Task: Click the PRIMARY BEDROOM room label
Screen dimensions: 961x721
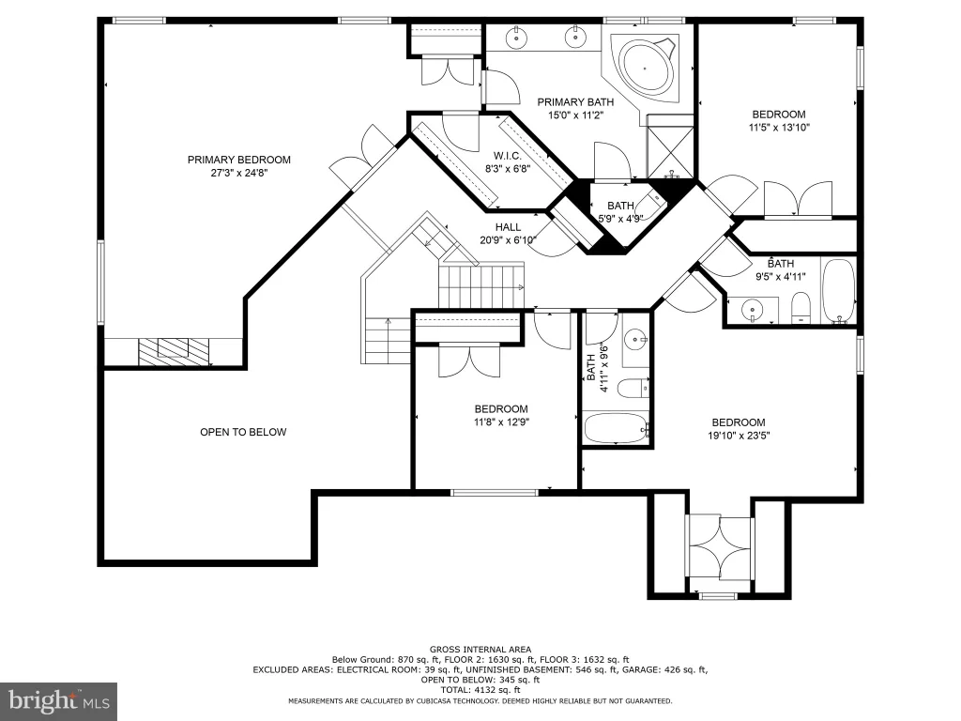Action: pyautogui.click(x=239, y=160)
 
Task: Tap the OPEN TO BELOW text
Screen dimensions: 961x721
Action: pyautogui.click(x=243, y=432)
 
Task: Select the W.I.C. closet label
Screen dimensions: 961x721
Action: pyautogui.click(x=508, y=157)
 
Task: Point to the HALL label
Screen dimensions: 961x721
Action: pyautogui.click(x=508, y=227)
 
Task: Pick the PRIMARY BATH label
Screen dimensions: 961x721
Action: pyautogui.click(x=575, y=102)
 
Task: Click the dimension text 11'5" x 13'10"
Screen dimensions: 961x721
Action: pyautogui.click(x=779, y=128)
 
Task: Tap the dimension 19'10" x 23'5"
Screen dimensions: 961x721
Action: pyautogui.click(x=739, y=436)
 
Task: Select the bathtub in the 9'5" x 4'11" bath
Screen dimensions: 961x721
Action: pyautogui.click(x=838, y=291)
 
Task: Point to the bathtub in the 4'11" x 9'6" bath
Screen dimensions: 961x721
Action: pyautogui.click(x=616, y=428)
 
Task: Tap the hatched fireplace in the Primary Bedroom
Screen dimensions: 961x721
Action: pyautogui.click(x=174, y=352)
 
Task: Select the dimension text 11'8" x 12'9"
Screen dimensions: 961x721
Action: pyautogui.click(x=501, y=422)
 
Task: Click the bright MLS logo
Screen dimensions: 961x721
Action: pyautogui.click(x=58, y=701)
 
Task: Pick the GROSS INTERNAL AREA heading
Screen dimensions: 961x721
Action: pyautogui.click(x=480, y=650)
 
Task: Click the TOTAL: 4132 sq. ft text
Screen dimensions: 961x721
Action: pyautogui.click(x=480, y=690)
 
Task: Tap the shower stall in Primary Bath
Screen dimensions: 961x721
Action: pyautogui.click(x=671, y=151)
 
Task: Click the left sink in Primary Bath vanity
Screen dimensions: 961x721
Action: pyautogui.click(x=518, y=38)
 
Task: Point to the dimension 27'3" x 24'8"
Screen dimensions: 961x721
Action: pyautogui.click(x=239, y=174)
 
